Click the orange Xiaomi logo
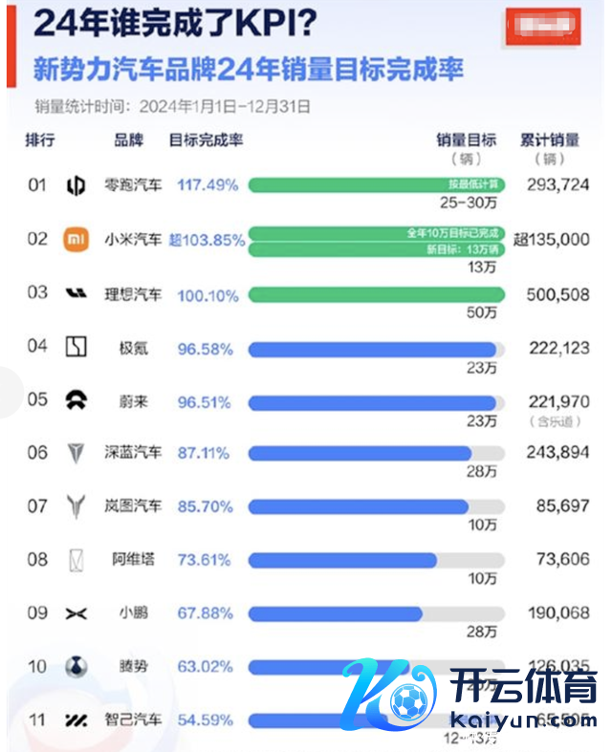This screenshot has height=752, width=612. coord(76,239)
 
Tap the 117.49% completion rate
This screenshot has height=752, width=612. coord(208,185)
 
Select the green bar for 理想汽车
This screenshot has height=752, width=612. coord(376,295)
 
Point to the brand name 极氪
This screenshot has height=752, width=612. coord(131,349)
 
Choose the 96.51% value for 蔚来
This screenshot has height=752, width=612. coord(205,402)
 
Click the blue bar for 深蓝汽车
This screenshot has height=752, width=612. coord(360,453)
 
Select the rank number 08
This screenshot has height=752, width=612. coord(36,560)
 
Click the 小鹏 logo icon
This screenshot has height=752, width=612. coord(76,613)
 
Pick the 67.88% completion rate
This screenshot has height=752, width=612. coord(205,613)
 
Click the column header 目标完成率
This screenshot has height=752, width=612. coord(206,140)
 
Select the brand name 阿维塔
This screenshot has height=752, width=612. coord(135,560)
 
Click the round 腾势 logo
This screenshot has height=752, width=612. coord(76,667)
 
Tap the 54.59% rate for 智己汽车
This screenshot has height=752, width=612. coord(205,720)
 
